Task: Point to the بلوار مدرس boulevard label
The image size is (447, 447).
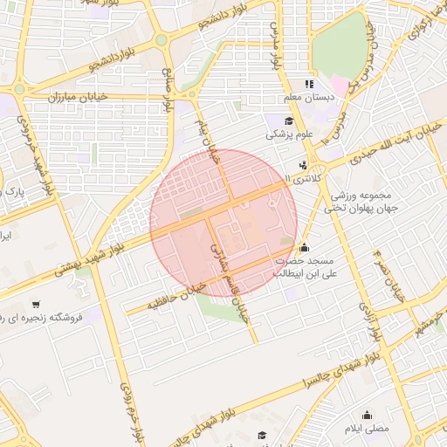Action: click(x=277, y=52)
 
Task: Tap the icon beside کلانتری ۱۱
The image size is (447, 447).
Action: click(x=302, y=165)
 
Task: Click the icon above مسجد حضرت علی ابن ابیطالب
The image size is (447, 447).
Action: click(x=303, y=247)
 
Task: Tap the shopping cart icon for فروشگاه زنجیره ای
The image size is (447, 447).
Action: click(x=34, y=305)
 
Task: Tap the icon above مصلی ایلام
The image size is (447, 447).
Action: click(x=367, y=416)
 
